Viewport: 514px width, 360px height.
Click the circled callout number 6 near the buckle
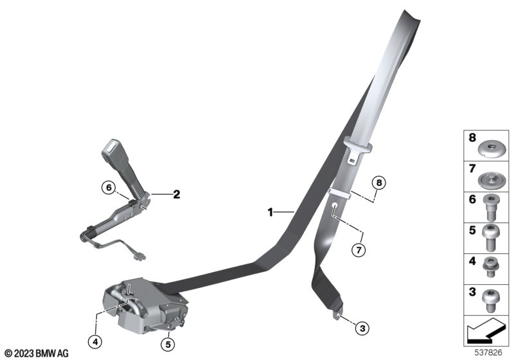pos(109,188)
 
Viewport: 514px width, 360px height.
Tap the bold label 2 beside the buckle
pos(176,194)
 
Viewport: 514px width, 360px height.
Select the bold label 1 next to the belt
pos(270,212)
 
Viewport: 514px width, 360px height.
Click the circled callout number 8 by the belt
pos(379,183)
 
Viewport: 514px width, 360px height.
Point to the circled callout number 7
pos(359,250)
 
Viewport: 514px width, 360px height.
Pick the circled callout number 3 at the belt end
pos(362,328)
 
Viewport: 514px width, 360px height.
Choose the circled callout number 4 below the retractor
pos(95,342)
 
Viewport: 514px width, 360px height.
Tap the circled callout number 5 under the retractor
pos(168,345)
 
